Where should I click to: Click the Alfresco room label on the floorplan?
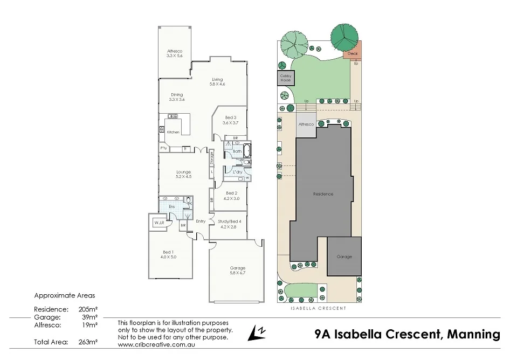(175, 53)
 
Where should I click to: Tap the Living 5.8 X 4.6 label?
(217, 82)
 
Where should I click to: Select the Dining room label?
(176, 97)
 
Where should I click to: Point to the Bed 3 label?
(230, 120)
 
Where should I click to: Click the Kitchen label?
(173, 132)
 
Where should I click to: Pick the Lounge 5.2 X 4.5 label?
(184, 174)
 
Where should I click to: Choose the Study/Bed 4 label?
(230, 224)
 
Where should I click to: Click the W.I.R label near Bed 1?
(158, 222)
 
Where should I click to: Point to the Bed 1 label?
(168, 254)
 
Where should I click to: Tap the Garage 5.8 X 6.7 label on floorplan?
(237, 270)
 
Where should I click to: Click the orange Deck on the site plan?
(353, 53)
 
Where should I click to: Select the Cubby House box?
(285, 78)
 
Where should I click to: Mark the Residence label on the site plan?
(323, 194)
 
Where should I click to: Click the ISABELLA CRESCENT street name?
(319, 308)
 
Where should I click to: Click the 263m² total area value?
(89, 342)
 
